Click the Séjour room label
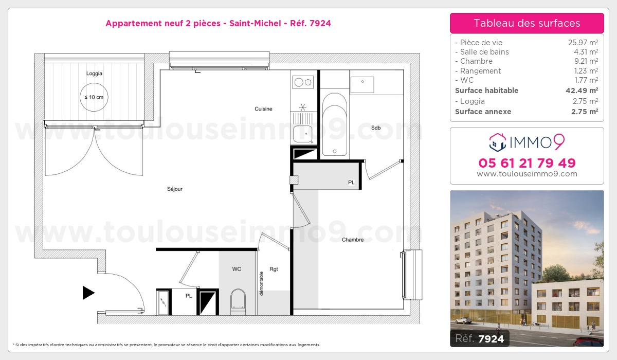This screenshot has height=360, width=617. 175,189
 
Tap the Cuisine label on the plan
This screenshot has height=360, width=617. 263,109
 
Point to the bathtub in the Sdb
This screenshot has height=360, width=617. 334,124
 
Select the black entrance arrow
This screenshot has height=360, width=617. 88,293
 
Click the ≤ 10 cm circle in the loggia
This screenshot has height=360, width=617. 94,97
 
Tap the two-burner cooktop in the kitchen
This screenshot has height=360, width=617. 303,82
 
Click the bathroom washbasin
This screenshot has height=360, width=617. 362,84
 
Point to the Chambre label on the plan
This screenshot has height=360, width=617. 353,240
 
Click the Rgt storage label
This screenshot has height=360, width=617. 274,269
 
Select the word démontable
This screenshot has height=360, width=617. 261,283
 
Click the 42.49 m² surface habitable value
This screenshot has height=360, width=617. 582,91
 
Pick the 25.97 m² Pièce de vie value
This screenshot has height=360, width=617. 583,42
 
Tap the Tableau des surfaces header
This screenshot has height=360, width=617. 527,23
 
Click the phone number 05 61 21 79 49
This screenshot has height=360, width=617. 527,163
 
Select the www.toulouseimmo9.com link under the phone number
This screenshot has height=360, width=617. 527,174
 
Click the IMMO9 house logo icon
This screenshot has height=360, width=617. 498,142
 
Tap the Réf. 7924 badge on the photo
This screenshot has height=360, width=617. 480,338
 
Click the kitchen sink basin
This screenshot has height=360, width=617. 302,134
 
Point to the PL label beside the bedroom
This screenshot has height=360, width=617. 351,183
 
